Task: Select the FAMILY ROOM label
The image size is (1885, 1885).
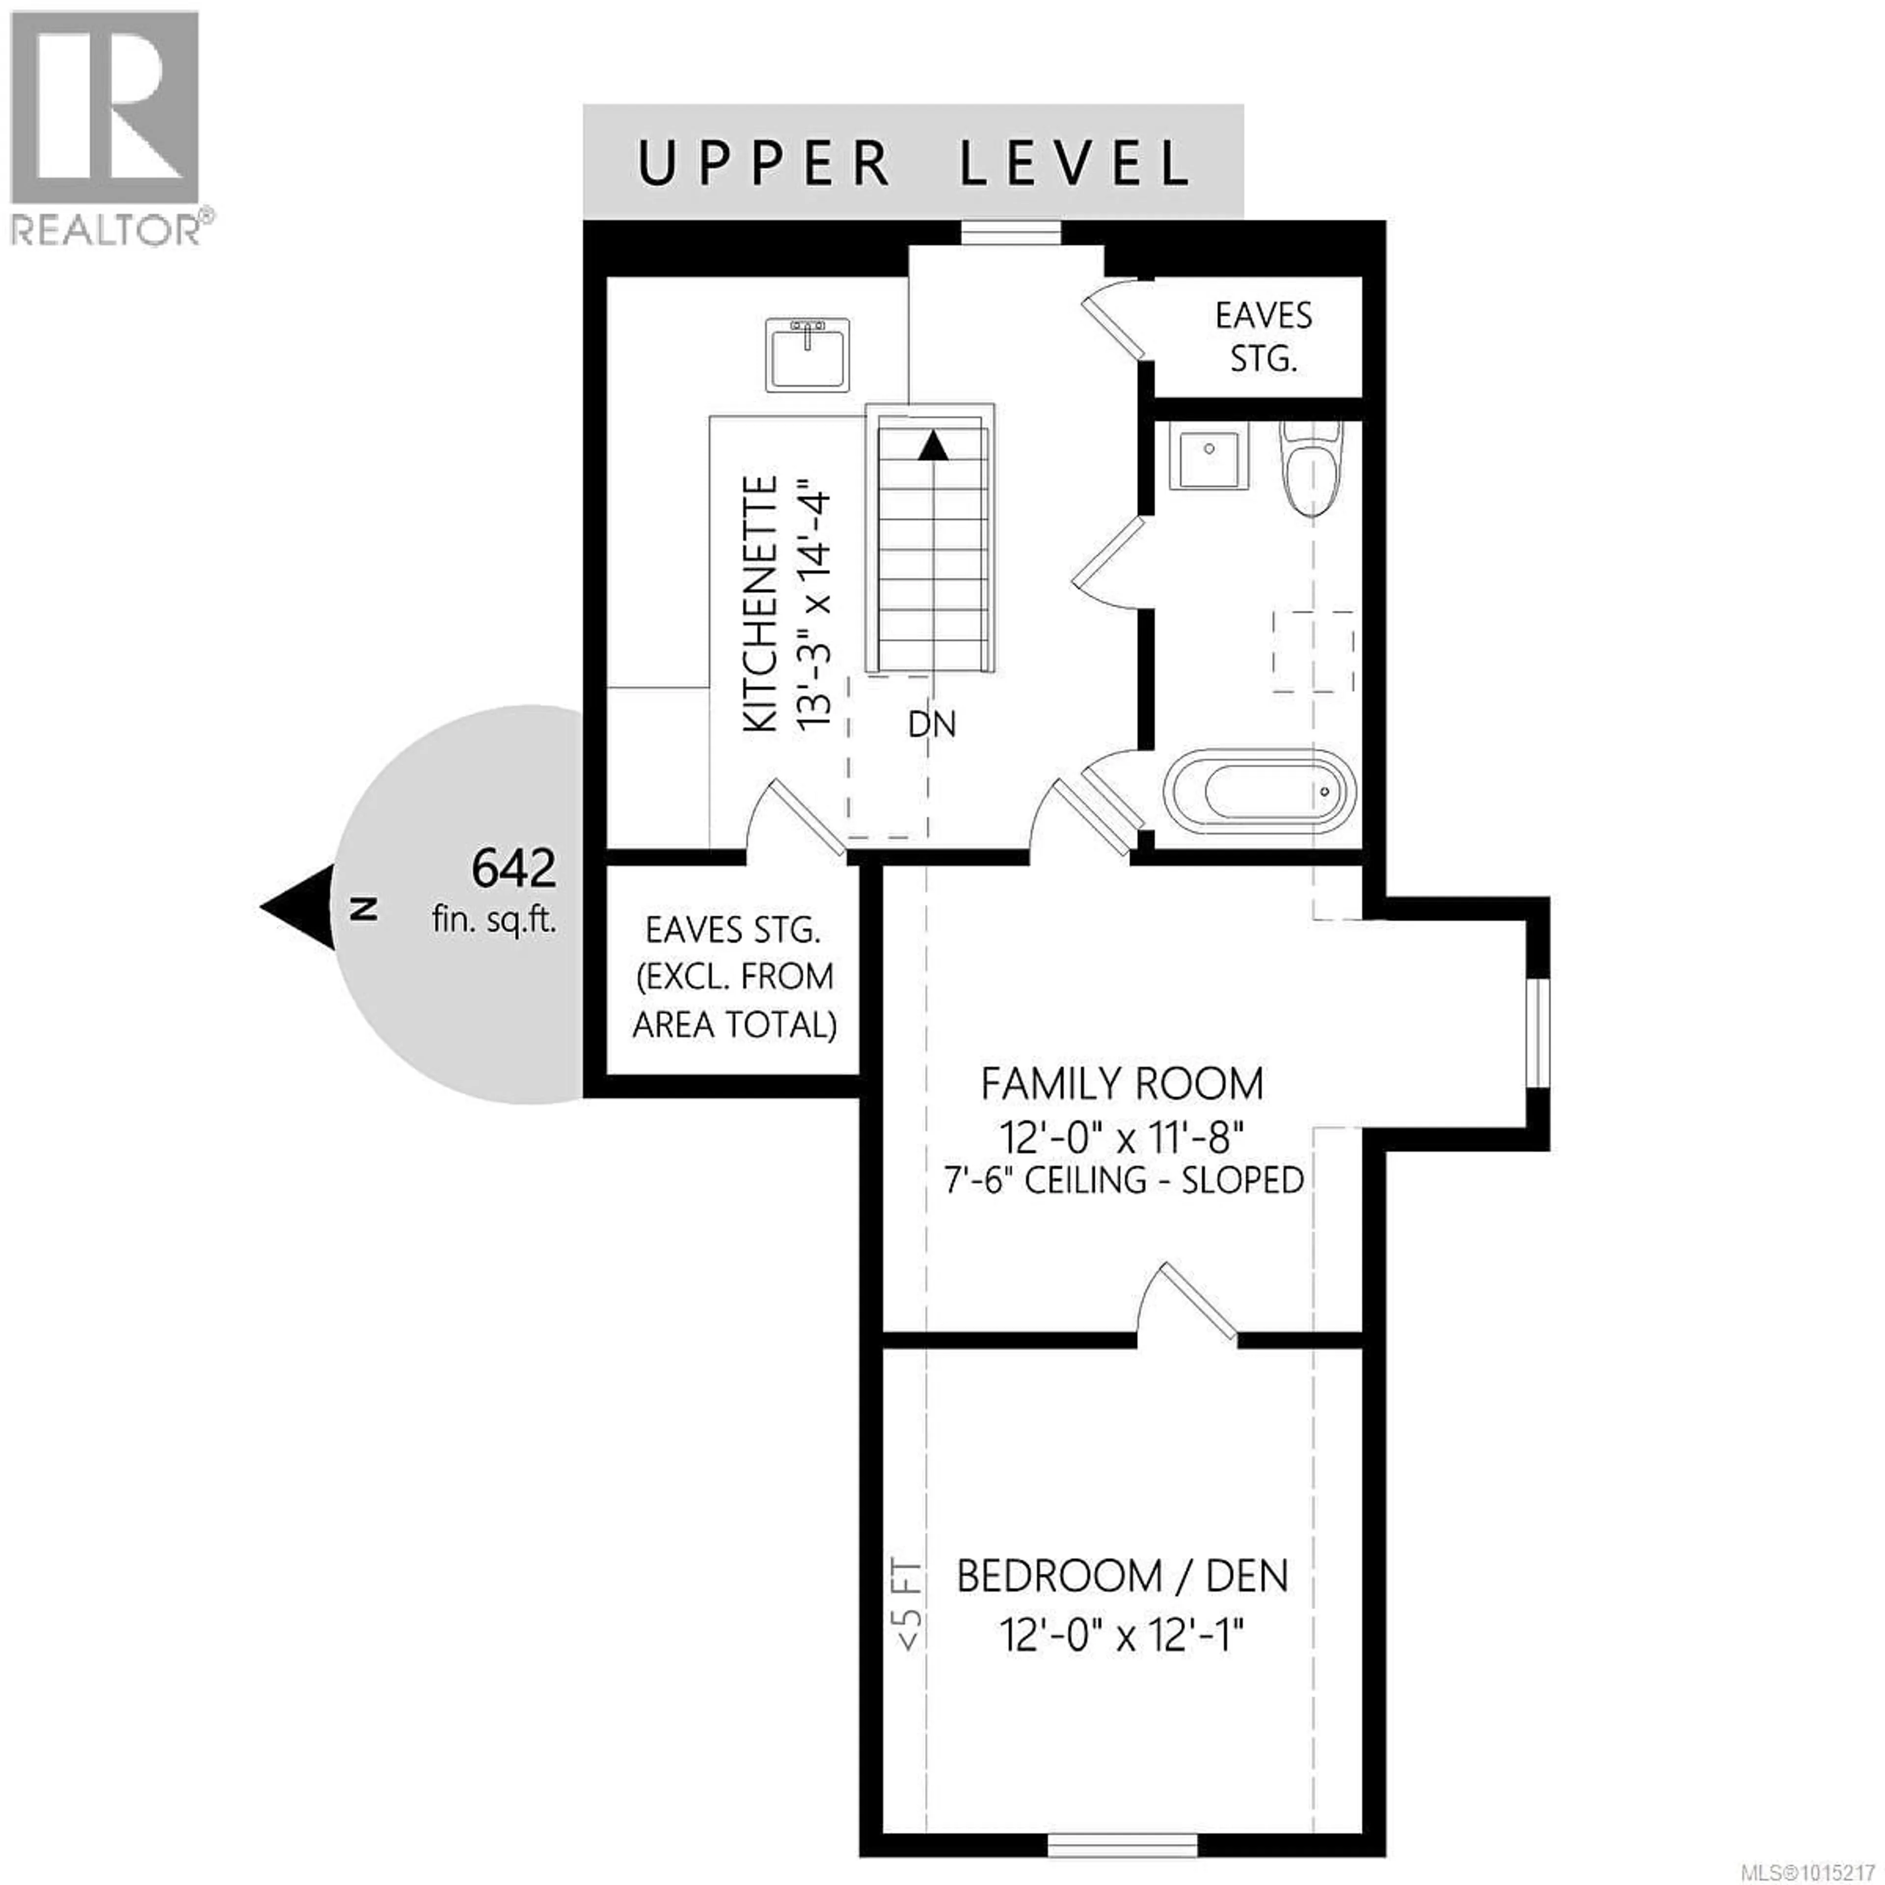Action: coord(1122,1084)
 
